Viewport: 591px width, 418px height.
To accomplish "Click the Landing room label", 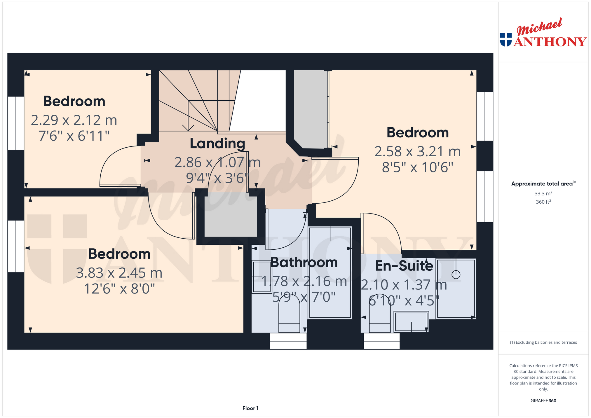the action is tap(217, 144).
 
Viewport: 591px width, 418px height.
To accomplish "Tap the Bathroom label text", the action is tap(304, 263).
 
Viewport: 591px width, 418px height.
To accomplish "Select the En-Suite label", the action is tap(404, 266).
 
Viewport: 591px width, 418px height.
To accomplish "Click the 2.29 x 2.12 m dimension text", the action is tap(74, 120).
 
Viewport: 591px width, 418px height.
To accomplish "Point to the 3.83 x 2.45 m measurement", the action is tap(119, 273).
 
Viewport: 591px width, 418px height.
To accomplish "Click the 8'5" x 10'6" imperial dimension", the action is tap(418, 167).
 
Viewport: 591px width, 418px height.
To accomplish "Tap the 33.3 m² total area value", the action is tap(543, 193).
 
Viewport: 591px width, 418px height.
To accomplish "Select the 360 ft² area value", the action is tap(543, 202).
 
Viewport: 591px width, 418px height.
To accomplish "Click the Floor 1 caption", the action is tap(250, 408).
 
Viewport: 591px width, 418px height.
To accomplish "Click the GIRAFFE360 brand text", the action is tap(543, 401).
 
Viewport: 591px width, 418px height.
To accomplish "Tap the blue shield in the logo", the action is tap(506, 40).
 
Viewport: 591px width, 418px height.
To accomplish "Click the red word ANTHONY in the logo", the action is tap(550, 42).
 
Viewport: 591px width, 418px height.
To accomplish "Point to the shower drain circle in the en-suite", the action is tap(456, 274).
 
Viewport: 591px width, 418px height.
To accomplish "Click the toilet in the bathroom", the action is tap(289, 314).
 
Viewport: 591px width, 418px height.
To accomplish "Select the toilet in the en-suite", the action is tap(380, 313).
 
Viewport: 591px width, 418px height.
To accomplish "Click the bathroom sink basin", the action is tap(262, 277).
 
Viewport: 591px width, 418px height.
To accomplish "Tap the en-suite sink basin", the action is tap(411, 322).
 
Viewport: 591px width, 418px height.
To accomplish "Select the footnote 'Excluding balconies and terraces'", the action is tap(543, 342).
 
